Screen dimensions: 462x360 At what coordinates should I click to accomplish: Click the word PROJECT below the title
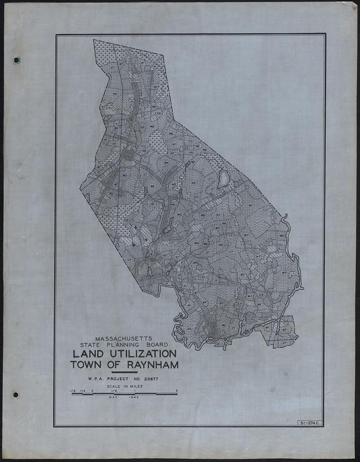click(125, 379)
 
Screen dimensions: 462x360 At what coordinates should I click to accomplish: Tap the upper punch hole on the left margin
click(16, 60)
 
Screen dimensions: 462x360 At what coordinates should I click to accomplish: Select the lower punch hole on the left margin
click(16, 394)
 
